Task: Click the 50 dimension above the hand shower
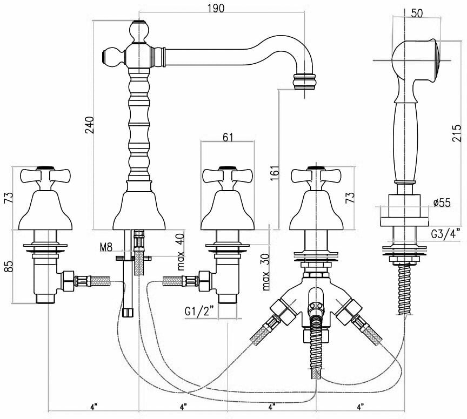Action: pyautogui.click(x=417, y=13)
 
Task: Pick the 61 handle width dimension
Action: pyautogui.click(x=228, y=137)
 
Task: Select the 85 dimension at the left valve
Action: pyautogui.click(x=7, y=266)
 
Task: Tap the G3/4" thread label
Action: pyautogui.click(x=446, y=234)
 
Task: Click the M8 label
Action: pyautogui.click(x=106, y=247)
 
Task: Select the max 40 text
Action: pyautogui.click(x=181, y=252)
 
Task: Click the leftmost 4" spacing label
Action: pyautogui.click(x=94, y=406)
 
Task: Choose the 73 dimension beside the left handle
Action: pyautogui.click(x=7, y=197)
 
